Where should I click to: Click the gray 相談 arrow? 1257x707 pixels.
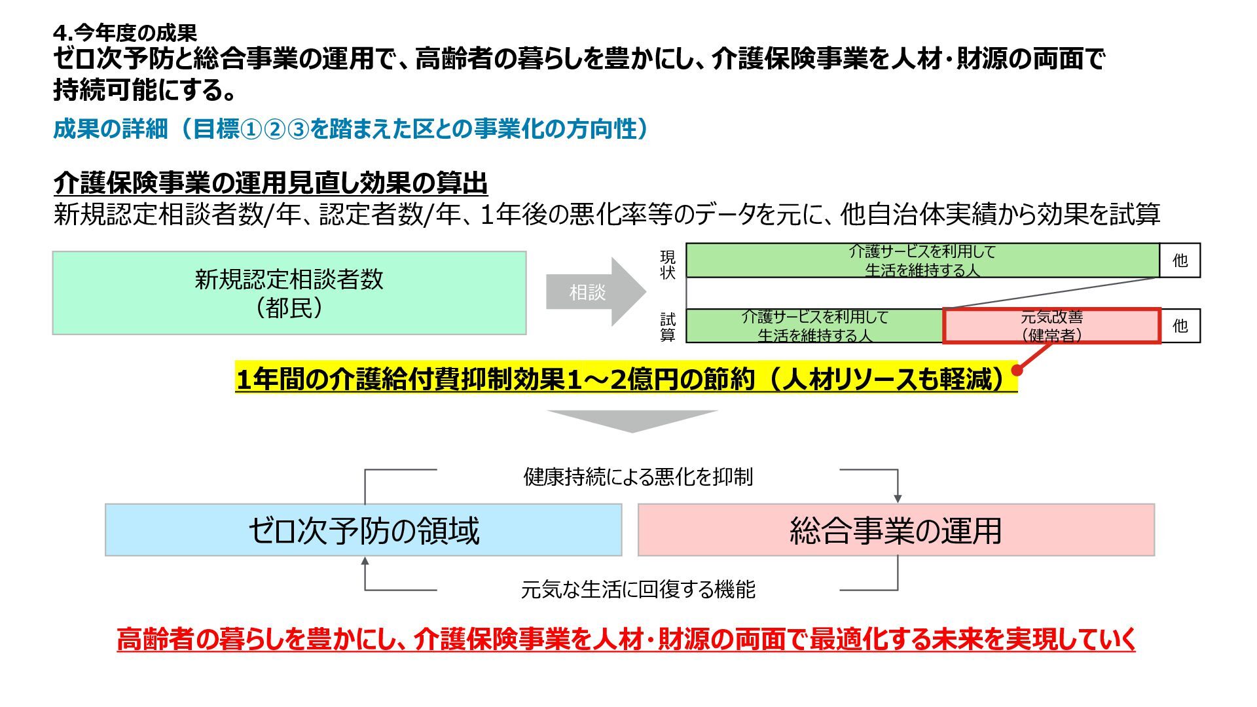coord(592,292)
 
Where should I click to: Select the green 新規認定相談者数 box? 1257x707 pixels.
coord(289,293)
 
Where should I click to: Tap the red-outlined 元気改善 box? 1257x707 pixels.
coord(1051,326)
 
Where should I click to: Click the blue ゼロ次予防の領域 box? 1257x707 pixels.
coord(363,530)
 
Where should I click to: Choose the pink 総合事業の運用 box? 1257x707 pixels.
coord(896,530)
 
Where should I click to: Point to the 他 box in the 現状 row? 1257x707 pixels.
coord(1180,261)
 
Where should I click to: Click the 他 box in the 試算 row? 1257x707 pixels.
coord(1180,326)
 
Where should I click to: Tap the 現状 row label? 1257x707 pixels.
coord(667,264)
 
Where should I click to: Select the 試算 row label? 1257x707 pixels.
coord(667,327)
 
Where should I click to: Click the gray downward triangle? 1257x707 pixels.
coord(632,420)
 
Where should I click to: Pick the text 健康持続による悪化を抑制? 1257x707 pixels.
coord(638,477)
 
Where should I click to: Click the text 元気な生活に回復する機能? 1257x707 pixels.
coord(638,590)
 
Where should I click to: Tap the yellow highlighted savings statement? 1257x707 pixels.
coord(625,380)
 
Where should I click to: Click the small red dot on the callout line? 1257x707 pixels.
coord(1017,371)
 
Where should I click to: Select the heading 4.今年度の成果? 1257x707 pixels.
coord(125,33)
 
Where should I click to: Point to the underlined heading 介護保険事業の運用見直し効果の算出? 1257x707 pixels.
coord(270,183)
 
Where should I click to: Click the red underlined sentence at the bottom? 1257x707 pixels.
coord(625,639)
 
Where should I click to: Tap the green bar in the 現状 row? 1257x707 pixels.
coord(922,261)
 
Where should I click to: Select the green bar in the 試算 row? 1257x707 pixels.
coord(814,326)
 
